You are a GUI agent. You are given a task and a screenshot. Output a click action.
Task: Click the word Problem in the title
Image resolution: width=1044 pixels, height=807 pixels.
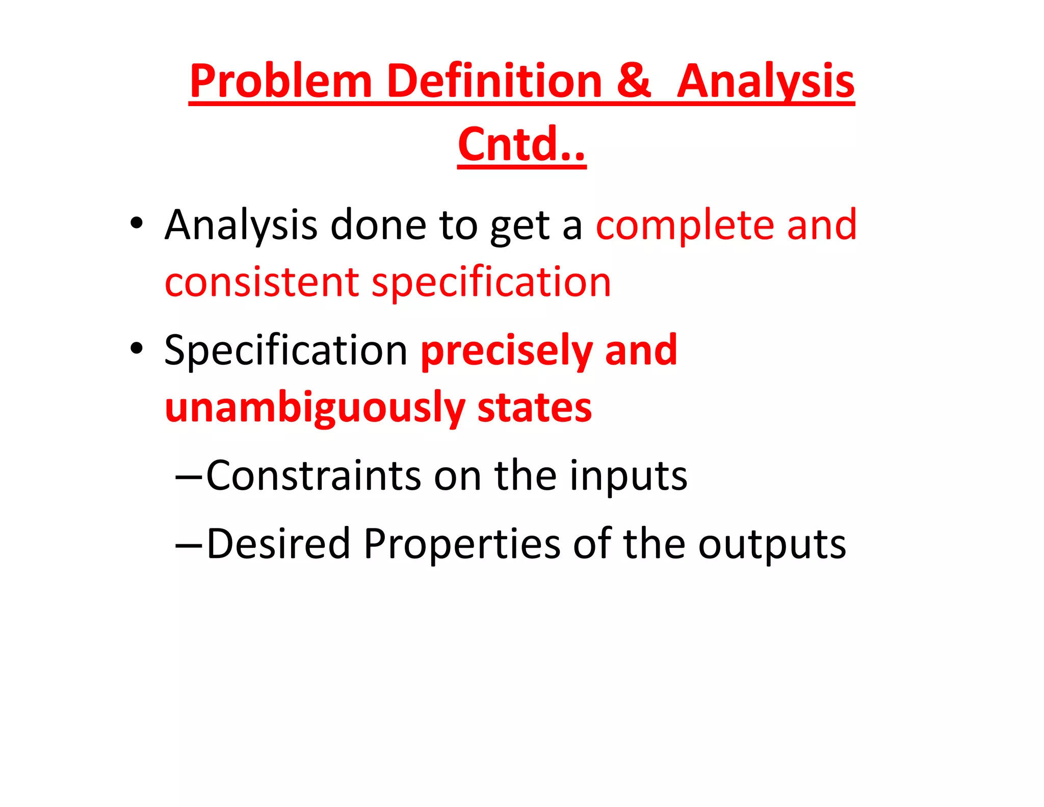(281, 82)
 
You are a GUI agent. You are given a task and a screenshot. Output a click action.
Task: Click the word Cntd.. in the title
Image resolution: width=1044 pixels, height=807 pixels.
(521, 144)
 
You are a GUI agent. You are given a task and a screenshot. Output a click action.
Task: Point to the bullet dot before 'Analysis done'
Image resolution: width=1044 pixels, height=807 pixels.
(136, 223)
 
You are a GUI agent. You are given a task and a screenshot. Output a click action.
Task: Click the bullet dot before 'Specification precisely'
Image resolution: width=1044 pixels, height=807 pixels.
(136, 348)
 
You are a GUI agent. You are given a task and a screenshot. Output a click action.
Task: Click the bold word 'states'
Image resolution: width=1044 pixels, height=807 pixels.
(534, 408)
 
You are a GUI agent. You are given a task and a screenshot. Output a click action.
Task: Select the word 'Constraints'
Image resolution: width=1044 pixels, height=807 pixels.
(314, 475)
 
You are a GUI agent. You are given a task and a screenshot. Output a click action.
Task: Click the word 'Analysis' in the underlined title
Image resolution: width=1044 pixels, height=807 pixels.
(766, 82)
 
